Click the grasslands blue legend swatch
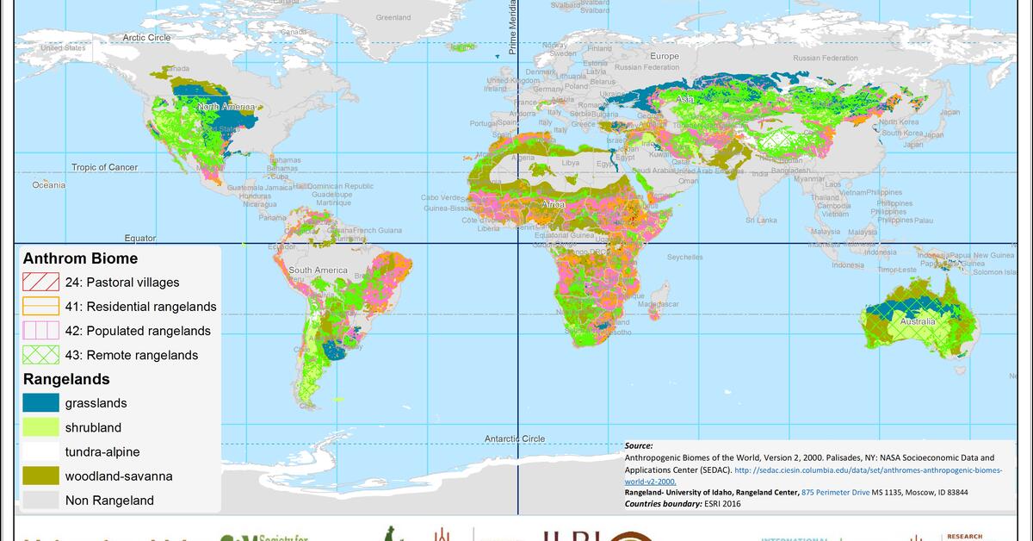pos(40,403)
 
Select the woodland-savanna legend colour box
pos(40,476)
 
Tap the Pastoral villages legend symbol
pos(40,282)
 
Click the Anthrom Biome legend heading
pos(80,258)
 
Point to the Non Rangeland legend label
pos(109,500)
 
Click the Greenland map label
pos(393,17)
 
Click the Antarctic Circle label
pos(514,438)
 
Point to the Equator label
pos(139,238)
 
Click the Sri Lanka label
pos(761,221)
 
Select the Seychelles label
pos(684,257)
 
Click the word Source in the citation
pos(639,446)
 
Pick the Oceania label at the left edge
pos(49,184)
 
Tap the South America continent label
pos(318,270)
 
